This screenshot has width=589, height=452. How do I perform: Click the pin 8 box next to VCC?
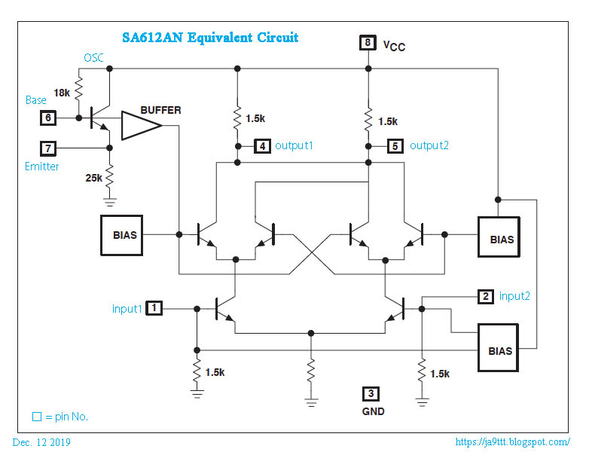(x=368, y=43)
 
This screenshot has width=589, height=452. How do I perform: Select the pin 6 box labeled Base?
(x=48, y=118)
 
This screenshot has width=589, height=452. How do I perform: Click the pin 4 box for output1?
(x=261, y=146)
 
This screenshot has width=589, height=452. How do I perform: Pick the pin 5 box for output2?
(x=395, y=146)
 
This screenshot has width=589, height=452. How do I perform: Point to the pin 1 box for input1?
(x=154, y=308)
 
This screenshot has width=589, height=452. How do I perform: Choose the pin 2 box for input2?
(x=486, y=297)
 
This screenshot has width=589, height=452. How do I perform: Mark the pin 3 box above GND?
(x=371, y=394)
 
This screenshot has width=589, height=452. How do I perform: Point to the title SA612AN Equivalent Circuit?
(x=210, y=38)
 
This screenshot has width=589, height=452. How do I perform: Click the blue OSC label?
(x=94, y=57)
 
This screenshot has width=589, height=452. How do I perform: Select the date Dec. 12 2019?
(x=41, y=442)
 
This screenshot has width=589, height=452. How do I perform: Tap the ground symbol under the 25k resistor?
(x=110, y=202)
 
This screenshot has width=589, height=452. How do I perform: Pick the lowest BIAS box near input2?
(x=500, y=351)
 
